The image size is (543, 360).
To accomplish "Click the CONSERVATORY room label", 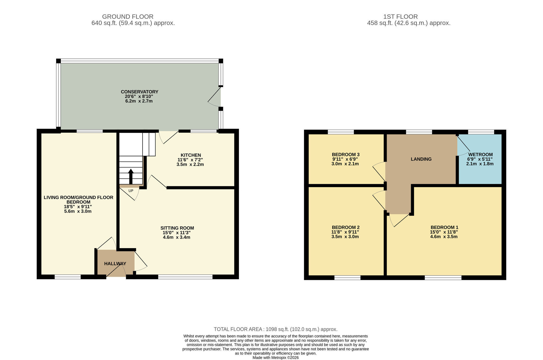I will pos(139,92).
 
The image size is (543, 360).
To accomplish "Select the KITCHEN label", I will pos(191,155).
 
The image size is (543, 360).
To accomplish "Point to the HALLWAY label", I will pos(115,264).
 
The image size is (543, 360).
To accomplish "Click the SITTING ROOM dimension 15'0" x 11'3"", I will pos(176,233).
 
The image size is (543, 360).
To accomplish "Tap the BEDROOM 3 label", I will pos(345,155).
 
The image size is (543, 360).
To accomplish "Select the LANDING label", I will pos(421,159).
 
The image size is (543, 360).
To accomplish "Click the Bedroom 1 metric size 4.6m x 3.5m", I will pos(444,237).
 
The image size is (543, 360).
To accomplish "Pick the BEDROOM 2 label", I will pos(345,227).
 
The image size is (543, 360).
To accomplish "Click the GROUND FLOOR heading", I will pos(128,17).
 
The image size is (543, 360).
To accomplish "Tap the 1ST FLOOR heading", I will pos(400,17).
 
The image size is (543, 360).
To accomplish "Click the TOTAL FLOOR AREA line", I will pos(275,329).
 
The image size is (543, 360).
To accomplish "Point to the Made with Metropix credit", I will pos(275,358).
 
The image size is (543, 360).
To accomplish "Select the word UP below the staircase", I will pos(131,191).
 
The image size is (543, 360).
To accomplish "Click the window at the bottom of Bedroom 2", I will pos(347,277).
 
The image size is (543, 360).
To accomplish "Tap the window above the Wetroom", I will pos(481,132).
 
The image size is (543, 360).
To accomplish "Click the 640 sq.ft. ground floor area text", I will pos(133,23).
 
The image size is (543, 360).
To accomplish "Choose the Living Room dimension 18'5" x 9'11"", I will pos(78,207).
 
